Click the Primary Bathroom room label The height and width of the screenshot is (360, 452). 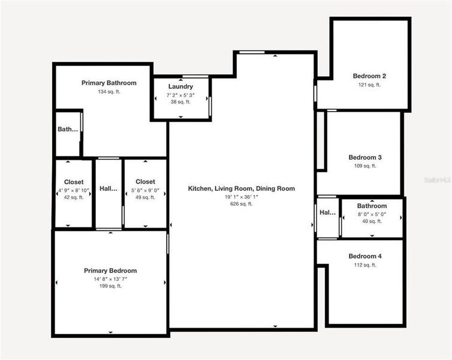pyautogui.click(x=109, y=83)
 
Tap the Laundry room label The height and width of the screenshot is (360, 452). pyautogui.click(x=180, y=87)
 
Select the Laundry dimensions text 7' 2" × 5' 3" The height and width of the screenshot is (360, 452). pyautogui.click(x=180, y=95)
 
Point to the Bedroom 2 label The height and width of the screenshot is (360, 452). pyautogui.click(x=369, y=76)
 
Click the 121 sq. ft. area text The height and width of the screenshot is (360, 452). pyautogui.click(x=369, y=85)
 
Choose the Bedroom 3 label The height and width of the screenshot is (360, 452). pyautogui.click(x=365, y=158)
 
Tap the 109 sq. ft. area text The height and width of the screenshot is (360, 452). pyautogui.click(x=365, y=166)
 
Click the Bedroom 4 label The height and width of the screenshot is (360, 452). pyautogui.click(x=365, y=256)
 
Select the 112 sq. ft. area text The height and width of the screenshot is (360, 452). pyautogui.click(x=365, y=265)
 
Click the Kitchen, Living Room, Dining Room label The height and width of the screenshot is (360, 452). pyautogui.click(x=242, y=188)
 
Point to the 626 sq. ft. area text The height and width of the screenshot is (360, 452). pyautogui.click(x=242, y=204)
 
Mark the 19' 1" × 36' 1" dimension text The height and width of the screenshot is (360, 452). pyautogui.click(x=242, y=196)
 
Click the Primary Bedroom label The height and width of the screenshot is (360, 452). pyautogui.click(x=110, y=271)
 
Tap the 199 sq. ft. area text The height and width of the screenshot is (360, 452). pyautogui.click(x=110, y=286)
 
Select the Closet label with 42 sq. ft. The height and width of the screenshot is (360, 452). pyautogui.click(x=74, y=182)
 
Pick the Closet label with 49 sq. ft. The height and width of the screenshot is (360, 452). pyautogui.click(x=145, y=182)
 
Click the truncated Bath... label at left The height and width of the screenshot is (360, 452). pyautogui.click(x=68, y=129)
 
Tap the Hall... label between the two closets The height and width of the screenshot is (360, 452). pyautogui.click(x=109, y=188)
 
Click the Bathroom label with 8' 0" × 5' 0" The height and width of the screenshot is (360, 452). pyautogui.click(x=372, y=206)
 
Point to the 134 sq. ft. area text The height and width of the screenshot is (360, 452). pyautogui.click(x=109, y=92)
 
